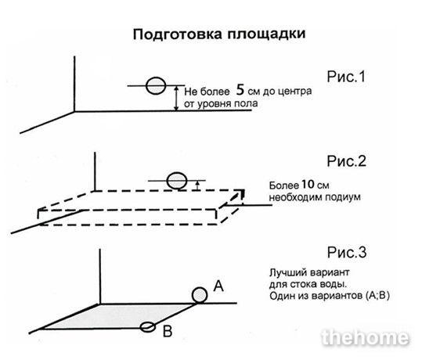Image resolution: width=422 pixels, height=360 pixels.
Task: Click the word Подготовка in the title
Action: pyautogui.click(x=178, y=34)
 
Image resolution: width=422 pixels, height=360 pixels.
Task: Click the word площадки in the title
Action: pyautogui.click(x=266, y=34)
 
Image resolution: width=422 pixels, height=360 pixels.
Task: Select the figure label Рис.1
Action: pyautogui.click(x=346, y=77)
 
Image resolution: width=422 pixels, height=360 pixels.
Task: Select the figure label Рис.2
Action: pyautogui.click(x=346, y=161)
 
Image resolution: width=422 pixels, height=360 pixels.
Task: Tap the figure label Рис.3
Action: pyautogui.click(x=347, y=252)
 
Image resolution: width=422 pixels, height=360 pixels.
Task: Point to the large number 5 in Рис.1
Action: pyautogui.click(x=240, y=90)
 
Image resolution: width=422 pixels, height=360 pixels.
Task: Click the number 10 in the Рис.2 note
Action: pyautogui.click(x=308, y=185)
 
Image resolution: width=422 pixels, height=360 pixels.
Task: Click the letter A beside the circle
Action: pyautogui.click(x=218, y=286)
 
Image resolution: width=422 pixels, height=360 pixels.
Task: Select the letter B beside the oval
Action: pyautogui.click(x=168, y=331)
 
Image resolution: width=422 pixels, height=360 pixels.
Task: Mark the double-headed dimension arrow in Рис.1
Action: pyautogui.click(x=176, y=98)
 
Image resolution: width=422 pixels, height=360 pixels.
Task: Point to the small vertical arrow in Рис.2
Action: pyautogui.click(x=197, y=185)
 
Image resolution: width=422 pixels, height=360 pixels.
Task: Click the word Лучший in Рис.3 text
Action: pyautogui.click(x=286, y=272)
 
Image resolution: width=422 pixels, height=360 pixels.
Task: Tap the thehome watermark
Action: pyautogui.click(x=365, y=337)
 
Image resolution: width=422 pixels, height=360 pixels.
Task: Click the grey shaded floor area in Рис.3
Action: pyautogui.click(x=121, y=317)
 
